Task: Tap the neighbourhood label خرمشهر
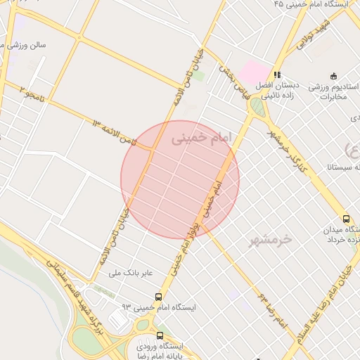click(269, 240)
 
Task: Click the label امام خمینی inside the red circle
click(200, 139)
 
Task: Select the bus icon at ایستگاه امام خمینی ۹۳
click(158, 297)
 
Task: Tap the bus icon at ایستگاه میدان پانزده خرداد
click(345, 219)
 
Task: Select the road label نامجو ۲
click(31, 94)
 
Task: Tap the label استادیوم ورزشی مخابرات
click(330, 91)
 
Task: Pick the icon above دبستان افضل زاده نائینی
click(278, 74)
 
